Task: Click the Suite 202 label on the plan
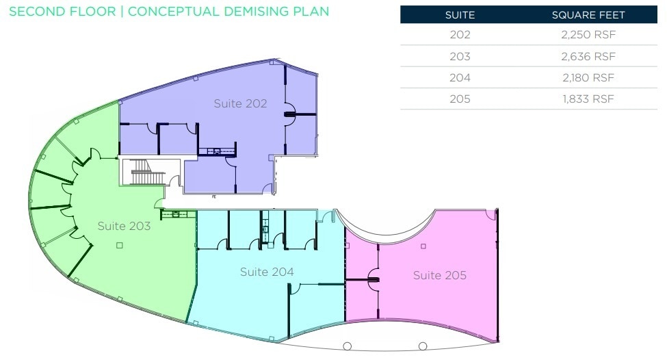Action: [x=240, y=103]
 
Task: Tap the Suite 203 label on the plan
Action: [x=124, y=226]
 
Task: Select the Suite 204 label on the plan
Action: [x=267, y=272]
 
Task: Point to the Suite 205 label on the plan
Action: [x=440, y=275]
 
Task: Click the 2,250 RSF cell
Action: [x=588, y=35]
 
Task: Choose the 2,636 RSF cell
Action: [x=588, y=56]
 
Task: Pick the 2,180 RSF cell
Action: [x=588, y=77]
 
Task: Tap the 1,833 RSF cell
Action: [x=588, y=99]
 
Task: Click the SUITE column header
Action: [x=460, y=15]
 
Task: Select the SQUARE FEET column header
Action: [x=588, y=15]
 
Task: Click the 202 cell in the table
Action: [x=460, y=35]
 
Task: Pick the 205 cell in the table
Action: [x=460, y=99]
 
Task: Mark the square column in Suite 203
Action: [x=120, y=245]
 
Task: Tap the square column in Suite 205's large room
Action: [x=423, y=246]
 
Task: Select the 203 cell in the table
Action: [x=460, y=56]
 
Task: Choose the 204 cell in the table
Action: [x=460, y=77]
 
